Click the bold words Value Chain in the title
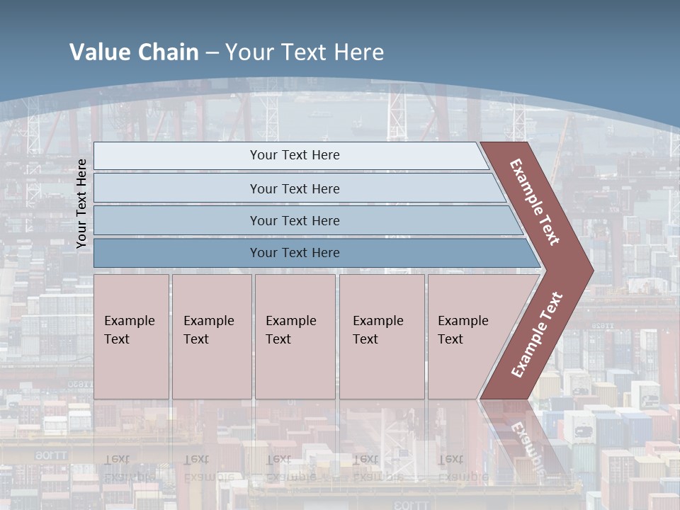(x=134, y=52)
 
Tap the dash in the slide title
(x=212, y=52)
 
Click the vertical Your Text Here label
(x=81, y=203)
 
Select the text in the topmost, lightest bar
(x=295, y=155)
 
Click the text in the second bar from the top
(x=295, y=189)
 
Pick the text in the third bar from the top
(x=295, y=221)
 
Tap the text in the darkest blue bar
(x=295, y=253)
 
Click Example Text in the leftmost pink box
(x=129, y=330)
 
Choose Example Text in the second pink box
(x=208, y=330)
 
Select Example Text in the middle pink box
(x=290, y=330)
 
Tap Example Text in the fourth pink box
(x=378, y=330)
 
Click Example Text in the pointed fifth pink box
(x=463, y=330)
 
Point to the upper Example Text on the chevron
(x=535, y=202)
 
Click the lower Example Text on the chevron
(x=537, y=335)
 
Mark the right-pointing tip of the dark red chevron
(x=591, y=270)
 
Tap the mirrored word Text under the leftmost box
(x=117, y=459)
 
